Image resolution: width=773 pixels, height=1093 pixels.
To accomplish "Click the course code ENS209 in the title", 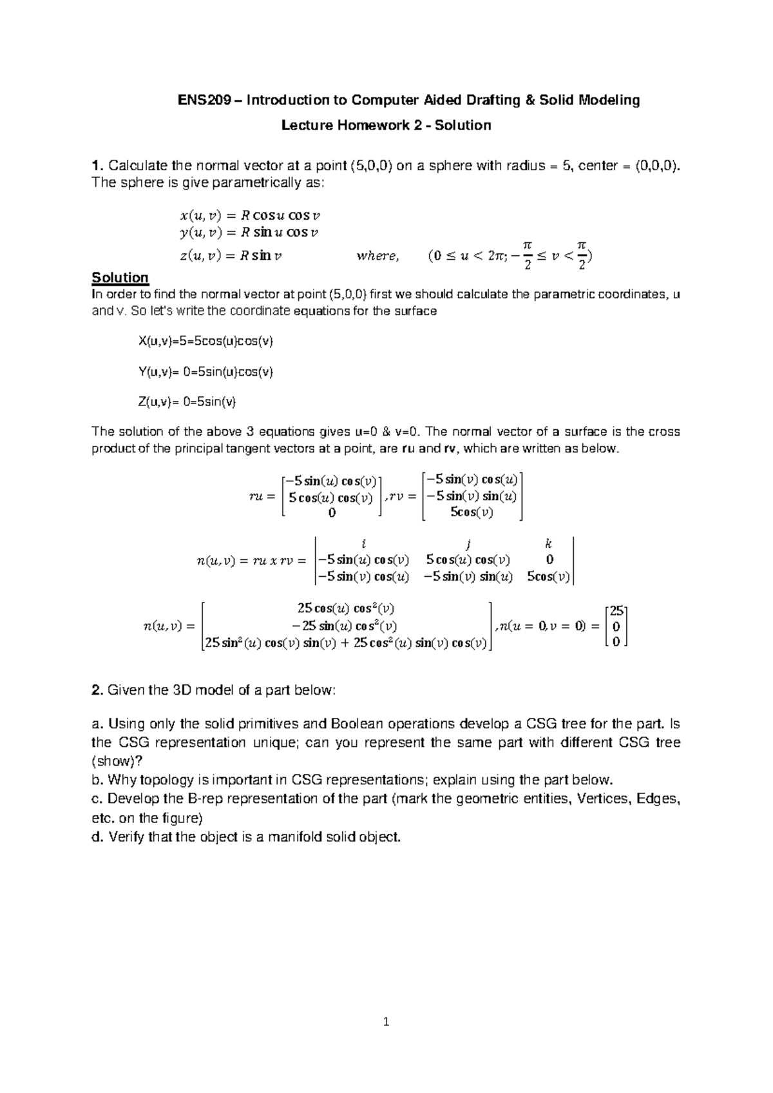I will coord(202,101).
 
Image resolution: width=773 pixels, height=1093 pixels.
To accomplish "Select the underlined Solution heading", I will coord(120,278).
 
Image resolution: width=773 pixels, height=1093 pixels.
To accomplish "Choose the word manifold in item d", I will coord(292,837).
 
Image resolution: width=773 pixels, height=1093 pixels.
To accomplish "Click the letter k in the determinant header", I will coord(548,543).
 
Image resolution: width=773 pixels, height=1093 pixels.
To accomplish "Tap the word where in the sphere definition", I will coord(377,256).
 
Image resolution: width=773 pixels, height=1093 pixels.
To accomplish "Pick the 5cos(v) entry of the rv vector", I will coord(472,512).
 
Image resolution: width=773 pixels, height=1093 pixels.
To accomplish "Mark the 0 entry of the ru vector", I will coord(331,513).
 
